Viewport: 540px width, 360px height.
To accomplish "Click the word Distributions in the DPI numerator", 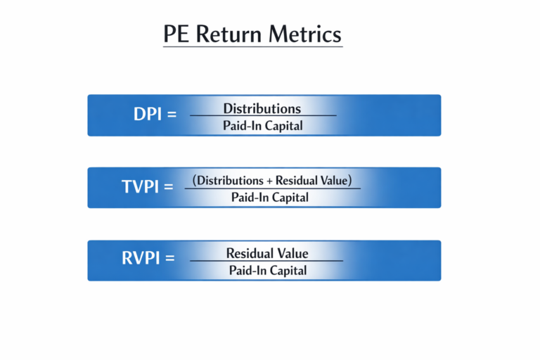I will tap(262, 108).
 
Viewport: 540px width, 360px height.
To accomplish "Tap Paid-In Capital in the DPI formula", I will tap(263, 126).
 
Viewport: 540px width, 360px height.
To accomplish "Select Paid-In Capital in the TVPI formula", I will tap(270, 198).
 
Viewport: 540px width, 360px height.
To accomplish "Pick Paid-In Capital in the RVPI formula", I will tap(267, 270).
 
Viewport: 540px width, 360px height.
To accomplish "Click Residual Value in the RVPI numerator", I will tap(267, 253).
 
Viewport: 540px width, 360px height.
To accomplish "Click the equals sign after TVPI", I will tap(168, 188).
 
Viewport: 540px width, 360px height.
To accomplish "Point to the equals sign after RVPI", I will tap(169, 259).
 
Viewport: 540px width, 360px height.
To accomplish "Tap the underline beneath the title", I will tap(252, 47).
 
